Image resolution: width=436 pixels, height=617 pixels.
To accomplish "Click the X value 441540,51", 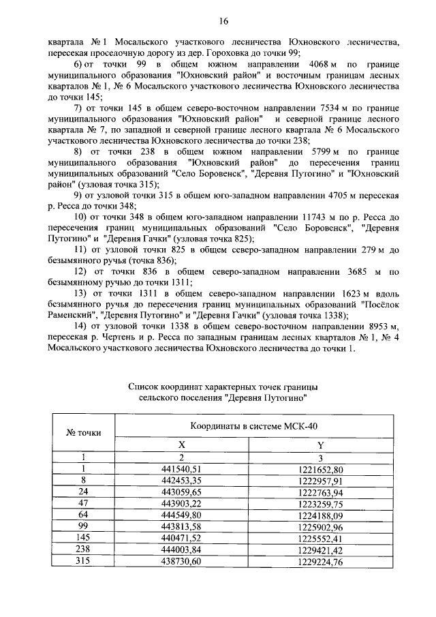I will pos(182,469).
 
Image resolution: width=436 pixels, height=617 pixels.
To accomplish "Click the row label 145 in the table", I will pos(83,539).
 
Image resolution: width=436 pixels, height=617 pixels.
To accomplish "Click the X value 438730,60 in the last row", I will pos(182,562).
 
